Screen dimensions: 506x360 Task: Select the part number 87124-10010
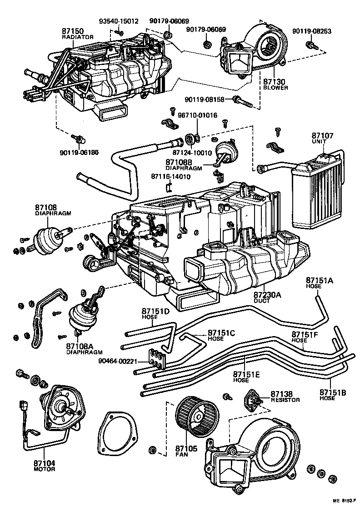[x=192, y=153]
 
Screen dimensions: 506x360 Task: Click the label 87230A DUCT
[x=267, y=298]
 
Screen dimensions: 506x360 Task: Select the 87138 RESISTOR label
[x=285, y=397]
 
